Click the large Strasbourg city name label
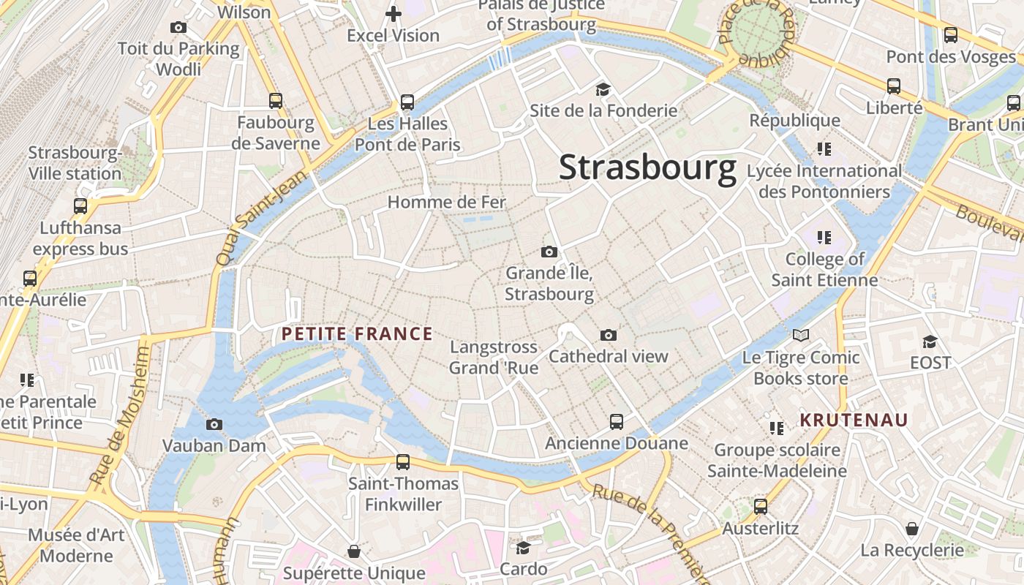click(647, 167)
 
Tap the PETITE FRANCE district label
click(357, 334)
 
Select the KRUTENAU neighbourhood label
click(854, 420)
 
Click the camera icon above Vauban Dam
click(214, 424)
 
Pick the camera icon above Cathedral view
click(608, 335)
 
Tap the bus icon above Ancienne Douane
click(617, 421)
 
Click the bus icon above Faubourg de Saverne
click(275, 101)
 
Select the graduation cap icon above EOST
click(930, 341)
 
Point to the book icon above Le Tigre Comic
click(801, 336)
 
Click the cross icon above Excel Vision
click(394, 14)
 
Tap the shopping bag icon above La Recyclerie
click(912, 528)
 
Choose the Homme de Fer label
click(446, 202)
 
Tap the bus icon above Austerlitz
click(761, 506)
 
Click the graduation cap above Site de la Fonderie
click(603, 89)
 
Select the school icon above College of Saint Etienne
click(824, 238)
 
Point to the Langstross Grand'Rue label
click(494, 357)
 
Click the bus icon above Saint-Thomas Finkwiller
click(403, 461)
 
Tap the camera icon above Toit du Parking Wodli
click(178, 28)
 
